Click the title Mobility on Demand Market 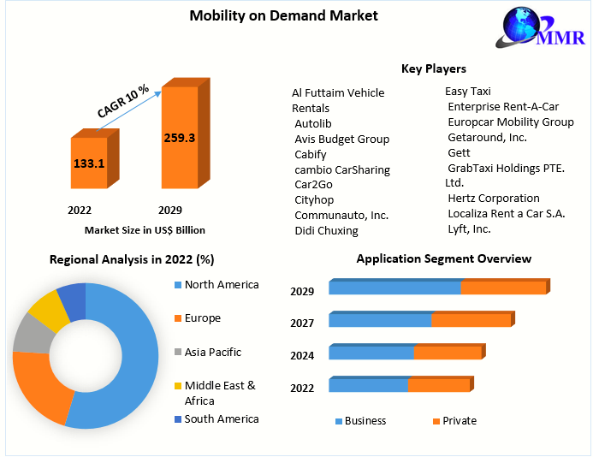271,15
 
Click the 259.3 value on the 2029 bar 180,137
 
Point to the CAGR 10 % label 123,101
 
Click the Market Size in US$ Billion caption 145,230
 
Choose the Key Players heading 433,68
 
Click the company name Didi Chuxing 326,230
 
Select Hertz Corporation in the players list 494,198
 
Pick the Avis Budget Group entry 341,139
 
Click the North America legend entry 221,285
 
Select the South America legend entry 221,418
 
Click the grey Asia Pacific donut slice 32,333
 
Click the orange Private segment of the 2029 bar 503,288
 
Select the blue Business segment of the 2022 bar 368,385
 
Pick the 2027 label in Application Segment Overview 302,323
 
